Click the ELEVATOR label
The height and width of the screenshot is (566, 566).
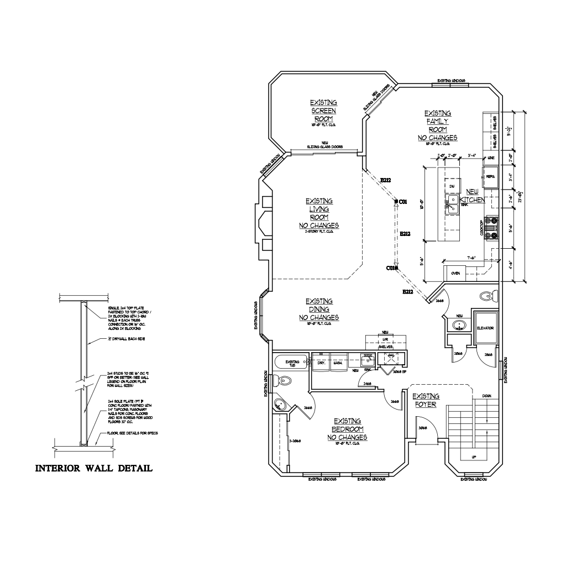485,328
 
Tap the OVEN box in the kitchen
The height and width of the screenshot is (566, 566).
456,273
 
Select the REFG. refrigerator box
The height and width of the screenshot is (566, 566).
490,176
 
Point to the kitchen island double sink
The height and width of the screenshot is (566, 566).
452,206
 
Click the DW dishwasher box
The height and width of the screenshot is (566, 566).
452,187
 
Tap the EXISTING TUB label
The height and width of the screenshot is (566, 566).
292,363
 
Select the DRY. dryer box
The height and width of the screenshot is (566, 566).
320,363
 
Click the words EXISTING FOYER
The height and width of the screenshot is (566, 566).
426,400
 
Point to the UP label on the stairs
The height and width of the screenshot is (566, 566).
474,457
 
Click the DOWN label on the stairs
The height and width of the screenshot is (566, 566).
487,396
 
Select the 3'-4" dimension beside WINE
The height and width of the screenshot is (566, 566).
471,155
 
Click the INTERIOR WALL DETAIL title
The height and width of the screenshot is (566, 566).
94,469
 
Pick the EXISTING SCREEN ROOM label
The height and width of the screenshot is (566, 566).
323,111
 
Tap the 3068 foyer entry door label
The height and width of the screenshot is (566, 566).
423,428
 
